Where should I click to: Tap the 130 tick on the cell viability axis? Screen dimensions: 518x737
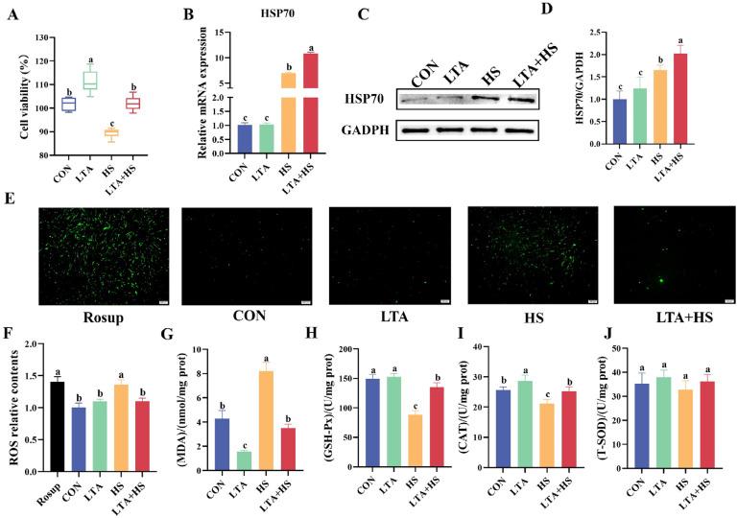[x=42, y=37]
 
